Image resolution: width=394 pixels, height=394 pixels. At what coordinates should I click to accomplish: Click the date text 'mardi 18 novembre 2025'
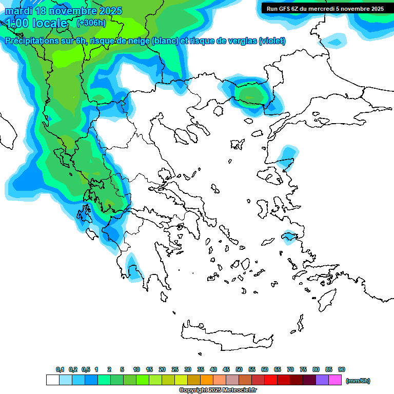[x=64, y=11]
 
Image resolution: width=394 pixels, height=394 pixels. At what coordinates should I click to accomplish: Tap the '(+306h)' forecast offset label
[x=91, y=23]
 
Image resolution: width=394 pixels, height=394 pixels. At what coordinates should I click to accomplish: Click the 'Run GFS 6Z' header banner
[x=325, y=9]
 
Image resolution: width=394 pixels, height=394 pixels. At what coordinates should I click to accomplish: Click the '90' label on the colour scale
[x=342, y=370]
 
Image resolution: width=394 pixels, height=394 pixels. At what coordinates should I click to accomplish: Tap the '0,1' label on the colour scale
[x=60, y=370]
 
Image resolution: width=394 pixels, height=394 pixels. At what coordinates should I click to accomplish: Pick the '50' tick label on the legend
[x=239, y=370]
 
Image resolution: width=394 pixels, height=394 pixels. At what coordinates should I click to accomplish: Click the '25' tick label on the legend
[x=175, y=370]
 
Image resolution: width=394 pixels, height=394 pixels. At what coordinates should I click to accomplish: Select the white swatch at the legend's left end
[x=52, y=380]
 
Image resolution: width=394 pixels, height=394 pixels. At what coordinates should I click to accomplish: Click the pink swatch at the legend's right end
[x=335, y=380]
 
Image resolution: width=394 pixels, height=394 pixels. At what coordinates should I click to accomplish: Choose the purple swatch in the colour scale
[x=322, y=380]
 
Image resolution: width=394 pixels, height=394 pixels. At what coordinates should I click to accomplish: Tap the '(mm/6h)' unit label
[x=358, y=381]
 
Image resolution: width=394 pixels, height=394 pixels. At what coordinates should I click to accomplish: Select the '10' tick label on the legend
[x=136, y=370]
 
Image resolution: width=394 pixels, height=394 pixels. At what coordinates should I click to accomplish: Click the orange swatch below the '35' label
[x=207, y=380]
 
